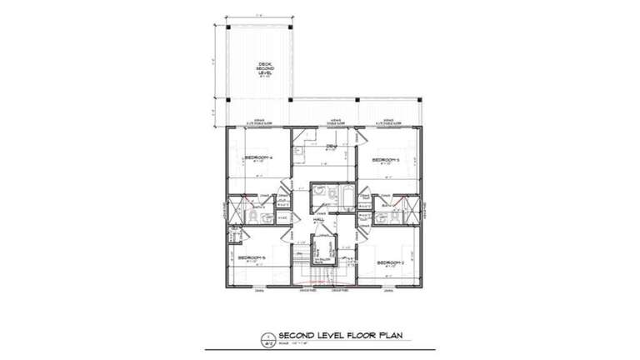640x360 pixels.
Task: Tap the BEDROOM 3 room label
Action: [386, 159]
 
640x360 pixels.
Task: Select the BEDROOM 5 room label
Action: [251, 257]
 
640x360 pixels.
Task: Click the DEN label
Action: [330, 146]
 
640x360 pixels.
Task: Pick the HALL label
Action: [317, 220]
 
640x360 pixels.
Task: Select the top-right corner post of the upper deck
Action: [290, 26]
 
